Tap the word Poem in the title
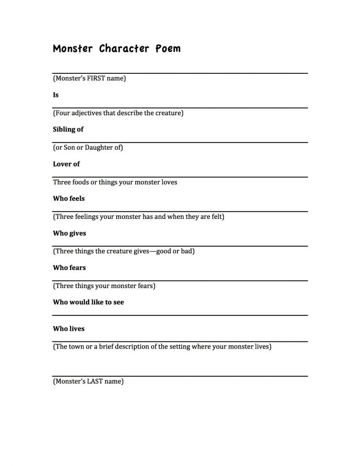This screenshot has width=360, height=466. [x=168, y=49]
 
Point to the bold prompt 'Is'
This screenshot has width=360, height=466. [x=56, y=95]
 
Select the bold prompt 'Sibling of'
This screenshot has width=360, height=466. [x=68, y=130]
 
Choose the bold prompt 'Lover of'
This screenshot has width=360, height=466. [x=66, y=164]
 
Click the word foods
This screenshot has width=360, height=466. [x=82, y=182]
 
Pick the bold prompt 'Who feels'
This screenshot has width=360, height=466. [x=69, y=199]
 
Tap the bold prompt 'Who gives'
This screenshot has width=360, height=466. [x=70, y=233]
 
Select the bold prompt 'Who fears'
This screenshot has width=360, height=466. [x=69, y=268]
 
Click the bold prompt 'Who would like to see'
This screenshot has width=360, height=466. [x=88, y=303]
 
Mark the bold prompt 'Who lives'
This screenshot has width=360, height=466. [x=69, y=329]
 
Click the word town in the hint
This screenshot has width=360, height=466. [x=76, y=347]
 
